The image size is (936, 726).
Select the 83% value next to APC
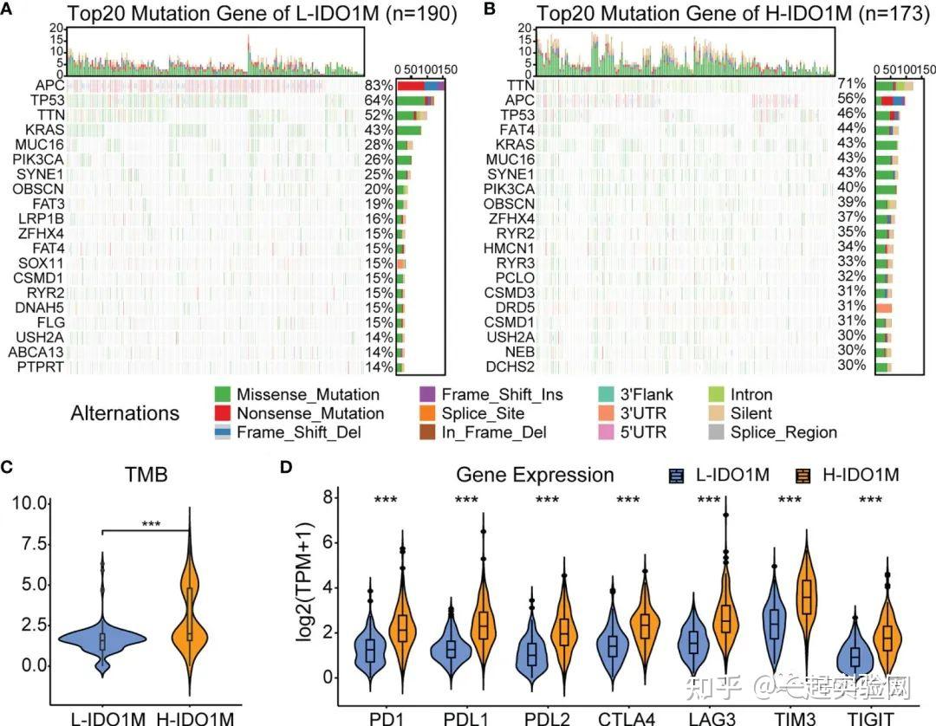click(378, 86)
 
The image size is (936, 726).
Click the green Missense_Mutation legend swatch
click(227, 395)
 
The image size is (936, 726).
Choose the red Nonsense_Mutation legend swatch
click(227, 413)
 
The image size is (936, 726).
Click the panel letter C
click(7, 468)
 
